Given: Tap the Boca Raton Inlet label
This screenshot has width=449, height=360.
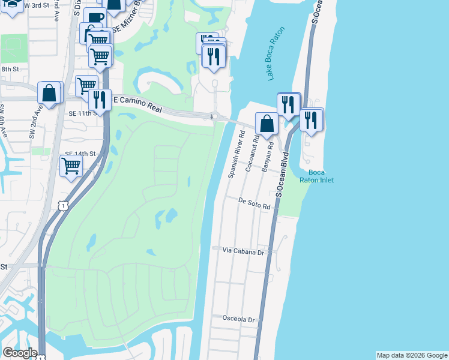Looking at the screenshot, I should (316, 176).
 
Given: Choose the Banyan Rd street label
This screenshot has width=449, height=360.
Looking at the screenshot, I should (268, 157).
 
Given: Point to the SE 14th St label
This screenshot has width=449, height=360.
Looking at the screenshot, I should (80, 154).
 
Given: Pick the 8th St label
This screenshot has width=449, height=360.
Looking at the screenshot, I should (10, 70).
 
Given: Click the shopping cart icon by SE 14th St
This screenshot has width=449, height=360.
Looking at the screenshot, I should (71, 165).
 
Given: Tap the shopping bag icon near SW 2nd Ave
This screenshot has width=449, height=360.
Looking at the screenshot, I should (49, 92).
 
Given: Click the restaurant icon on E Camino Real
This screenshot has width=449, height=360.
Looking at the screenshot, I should (99, 99).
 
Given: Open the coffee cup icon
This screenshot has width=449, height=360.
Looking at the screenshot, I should (94, 17).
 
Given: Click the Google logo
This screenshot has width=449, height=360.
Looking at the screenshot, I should (19, 353).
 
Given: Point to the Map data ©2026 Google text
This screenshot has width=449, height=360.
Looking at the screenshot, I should (412, 355).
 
